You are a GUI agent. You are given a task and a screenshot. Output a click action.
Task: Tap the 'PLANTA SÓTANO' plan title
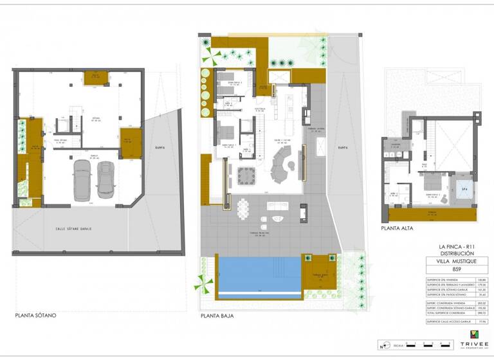[x=36, y=316]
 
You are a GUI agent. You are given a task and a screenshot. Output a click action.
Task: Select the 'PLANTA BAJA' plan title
[x=217, y=316]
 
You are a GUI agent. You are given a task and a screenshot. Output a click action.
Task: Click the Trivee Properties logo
[x=475, y=337]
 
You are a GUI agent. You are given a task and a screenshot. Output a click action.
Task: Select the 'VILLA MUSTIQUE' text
[x=452, y=262]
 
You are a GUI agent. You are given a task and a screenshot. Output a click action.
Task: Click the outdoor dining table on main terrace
[x=243, y=208]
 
